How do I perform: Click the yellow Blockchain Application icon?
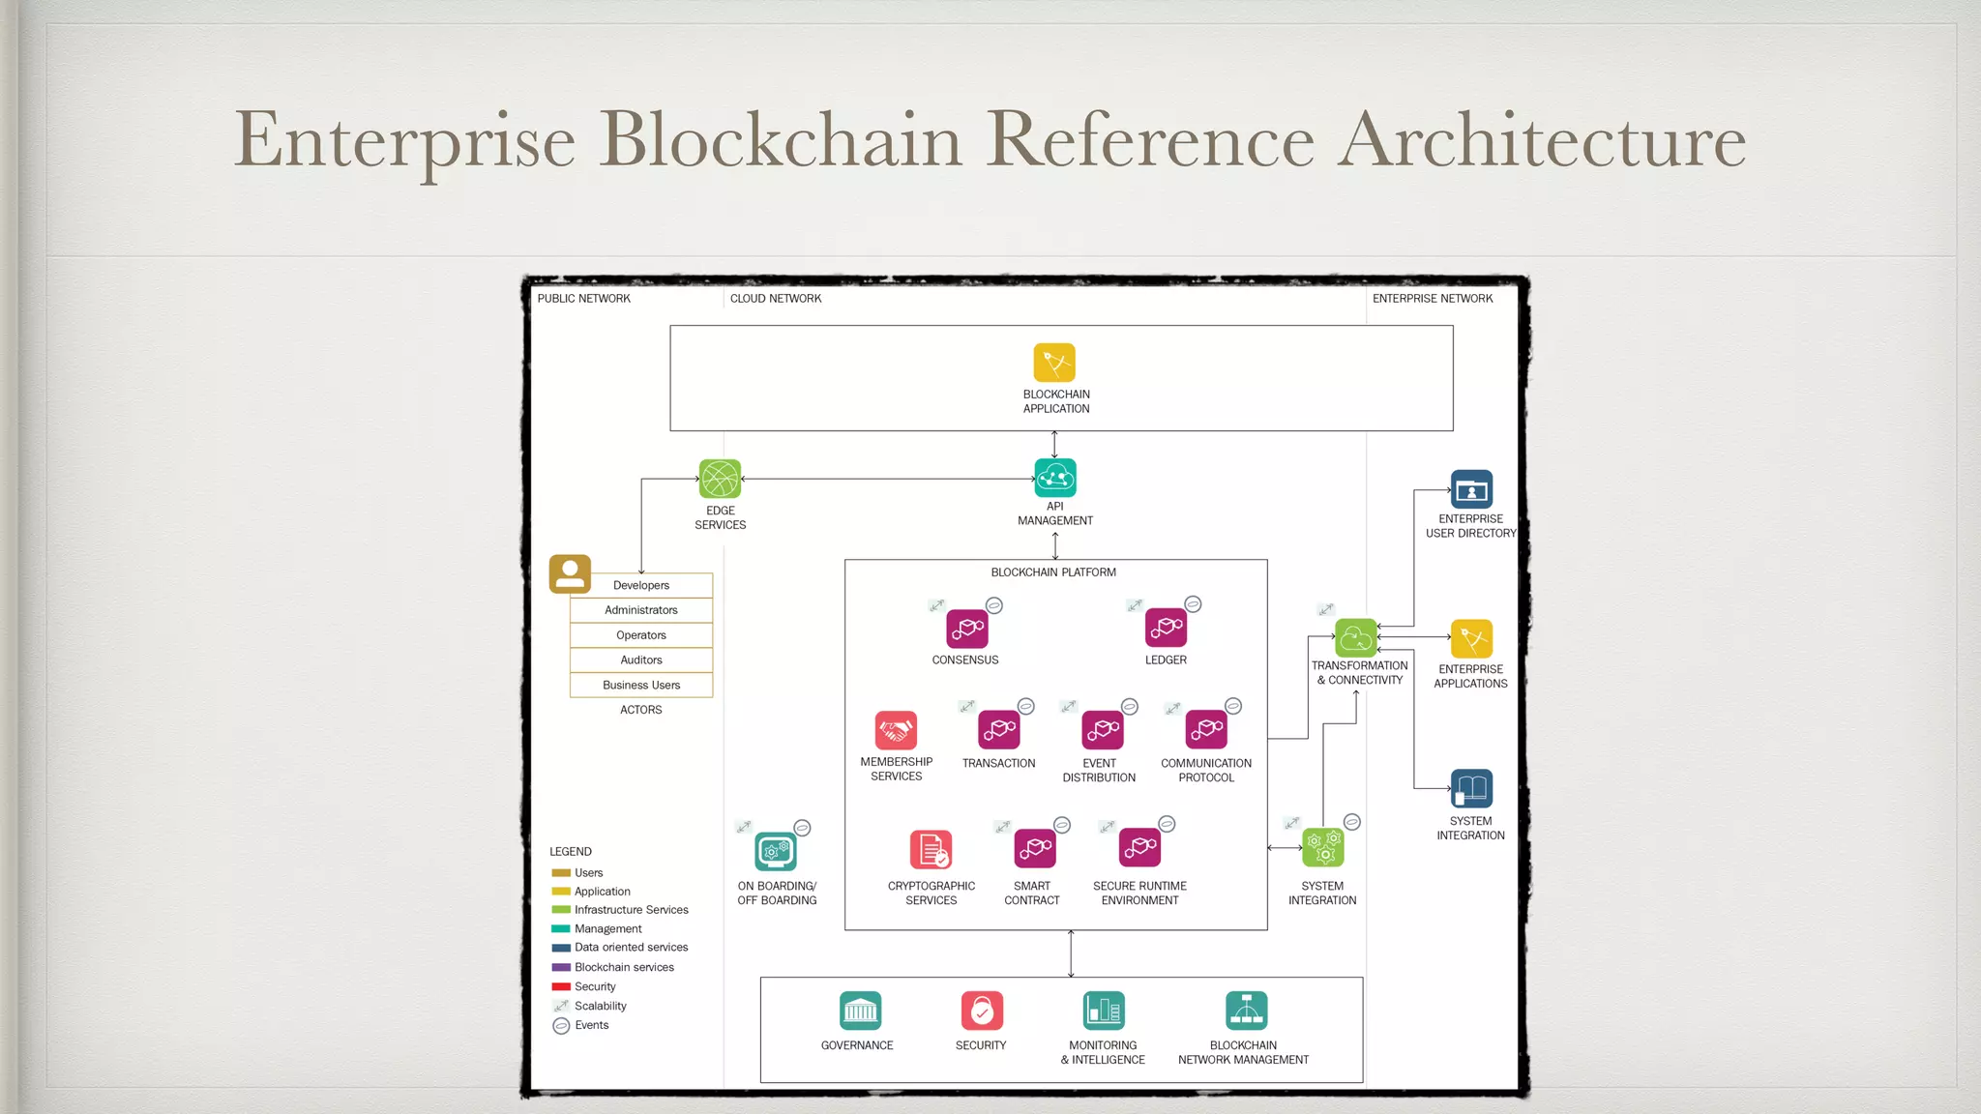[x=1054, y=363]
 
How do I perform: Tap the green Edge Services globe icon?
[x=720, y=479]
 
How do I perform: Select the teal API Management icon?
[x=1054, y=478]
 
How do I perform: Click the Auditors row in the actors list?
[x=641, y=660]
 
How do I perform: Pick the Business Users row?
[x=641, y=686]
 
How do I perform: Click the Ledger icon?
[x=1166, y=628]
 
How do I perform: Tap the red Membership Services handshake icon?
[x=896, y=730]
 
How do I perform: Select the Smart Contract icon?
[x=1034, y=848]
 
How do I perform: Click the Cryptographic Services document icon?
[x=931, y=849]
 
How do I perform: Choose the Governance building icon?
[x=860, y=1011]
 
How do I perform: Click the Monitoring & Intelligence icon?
[x=1104, y=1011]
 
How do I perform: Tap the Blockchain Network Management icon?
[x=1246, y=1011]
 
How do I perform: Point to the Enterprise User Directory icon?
[x=1471, y=489]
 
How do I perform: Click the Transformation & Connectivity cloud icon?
[x=1355, y=638]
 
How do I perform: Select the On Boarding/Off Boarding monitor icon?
[x=776, y=851]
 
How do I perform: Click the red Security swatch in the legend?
[x=561, y=986]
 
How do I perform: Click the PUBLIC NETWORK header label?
[x=583, y=299]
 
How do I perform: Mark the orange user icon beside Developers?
[x=570, y=573]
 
